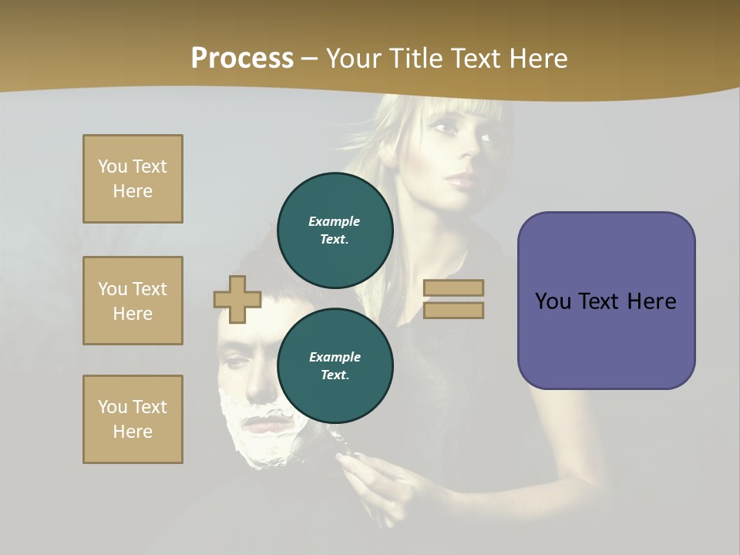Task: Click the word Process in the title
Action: (242, 59)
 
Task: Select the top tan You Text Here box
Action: (133, 179)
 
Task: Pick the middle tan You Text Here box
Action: (133, 301)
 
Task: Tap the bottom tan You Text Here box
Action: (133, 419)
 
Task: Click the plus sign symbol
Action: (237, 299)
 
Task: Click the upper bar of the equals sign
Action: (454, 288)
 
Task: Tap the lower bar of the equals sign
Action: (454, 310)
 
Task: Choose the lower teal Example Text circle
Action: (335, 365)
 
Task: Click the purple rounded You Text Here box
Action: (606, 301)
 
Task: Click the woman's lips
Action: (459, 182)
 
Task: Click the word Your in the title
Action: (355, 59)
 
